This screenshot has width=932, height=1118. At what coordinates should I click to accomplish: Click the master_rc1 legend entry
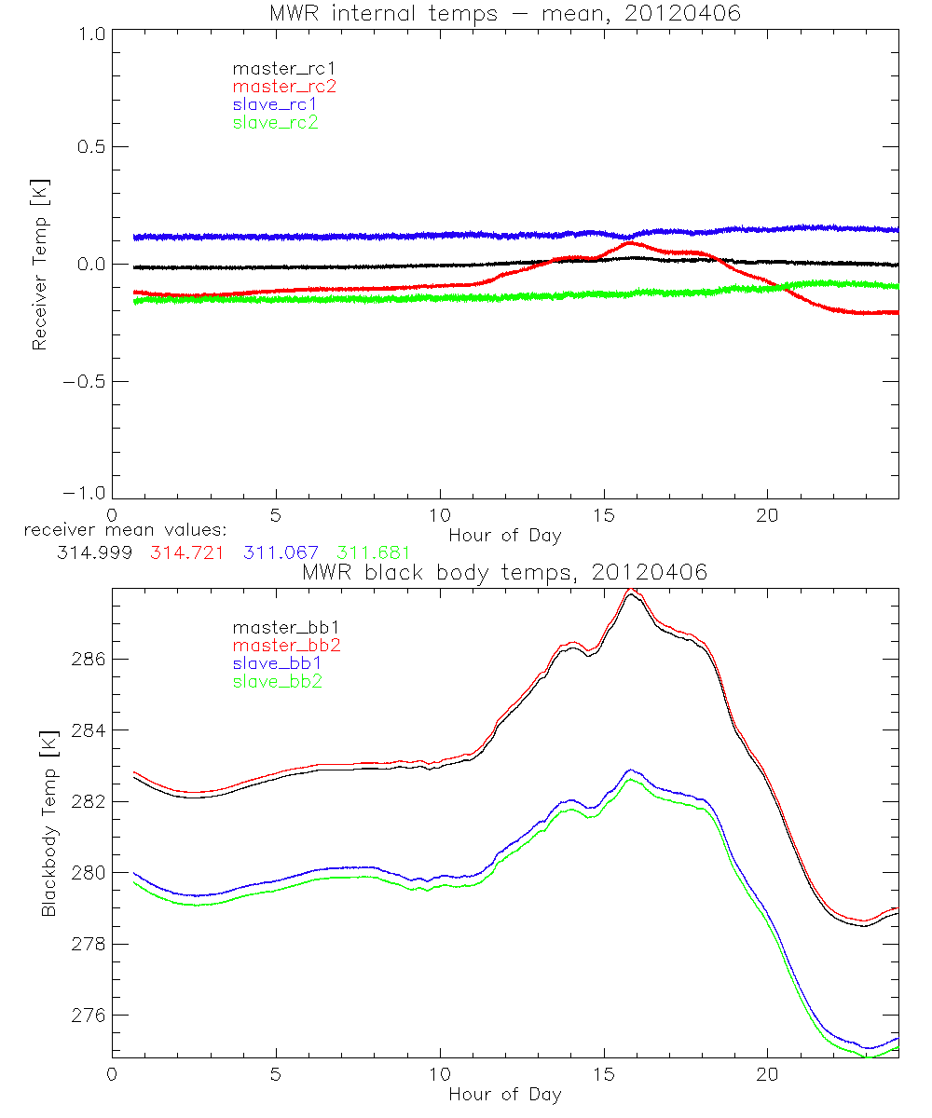tap(275, 68)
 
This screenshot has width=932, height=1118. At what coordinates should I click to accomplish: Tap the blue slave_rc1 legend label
tap(275, 103)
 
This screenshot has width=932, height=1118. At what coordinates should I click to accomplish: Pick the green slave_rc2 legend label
tap(275, 122)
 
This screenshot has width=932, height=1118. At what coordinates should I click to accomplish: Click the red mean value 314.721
tap(185, 552)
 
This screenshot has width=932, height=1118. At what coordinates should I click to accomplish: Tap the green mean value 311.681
tap(373, 552)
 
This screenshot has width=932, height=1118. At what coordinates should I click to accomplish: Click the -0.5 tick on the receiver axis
tap(85, 381)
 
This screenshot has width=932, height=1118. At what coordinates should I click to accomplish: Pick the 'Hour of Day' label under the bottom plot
tap(504, 1094)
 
